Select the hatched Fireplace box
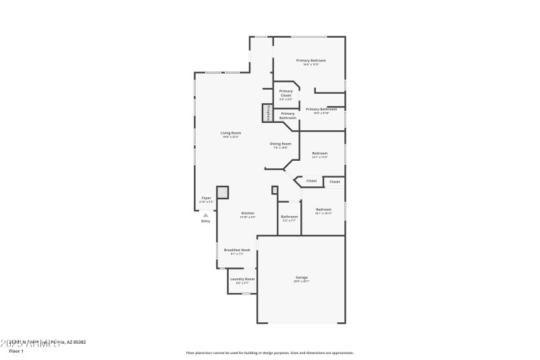point(267,113)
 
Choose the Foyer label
point(206,199)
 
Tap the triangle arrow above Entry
point(206,215)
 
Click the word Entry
point(206,221)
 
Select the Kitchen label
point(248,215)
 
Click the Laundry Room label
point(242,280)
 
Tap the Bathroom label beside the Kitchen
point(289,218)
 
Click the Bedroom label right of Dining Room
point(319,155)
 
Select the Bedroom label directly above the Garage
point(323,211)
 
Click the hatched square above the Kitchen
point(223,192)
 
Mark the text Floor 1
point(16,351)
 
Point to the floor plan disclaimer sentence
point(269,353)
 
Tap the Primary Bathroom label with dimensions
point(321,110)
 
